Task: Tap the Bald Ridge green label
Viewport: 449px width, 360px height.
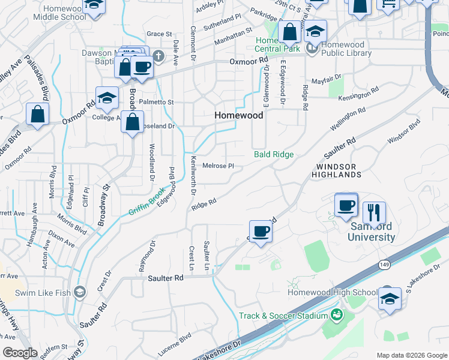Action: tap(274, 155)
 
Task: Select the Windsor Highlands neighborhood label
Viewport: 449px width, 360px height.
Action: tap(336, 170)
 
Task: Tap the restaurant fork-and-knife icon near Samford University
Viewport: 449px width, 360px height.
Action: tap(373, 212)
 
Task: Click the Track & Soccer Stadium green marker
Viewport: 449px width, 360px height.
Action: tap(336, 314)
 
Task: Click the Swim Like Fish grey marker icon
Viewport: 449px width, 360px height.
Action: tap(79, 293)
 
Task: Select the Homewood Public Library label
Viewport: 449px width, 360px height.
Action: tap(351, 49)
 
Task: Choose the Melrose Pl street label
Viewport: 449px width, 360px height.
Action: tap(217, 166)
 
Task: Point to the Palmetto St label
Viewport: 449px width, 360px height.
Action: tap(156, 103)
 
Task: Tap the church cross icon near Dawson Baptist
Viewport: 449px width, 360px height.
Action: tap(158, 57)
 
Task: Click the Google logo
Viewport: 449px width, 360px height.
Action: tap(20, 353)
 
